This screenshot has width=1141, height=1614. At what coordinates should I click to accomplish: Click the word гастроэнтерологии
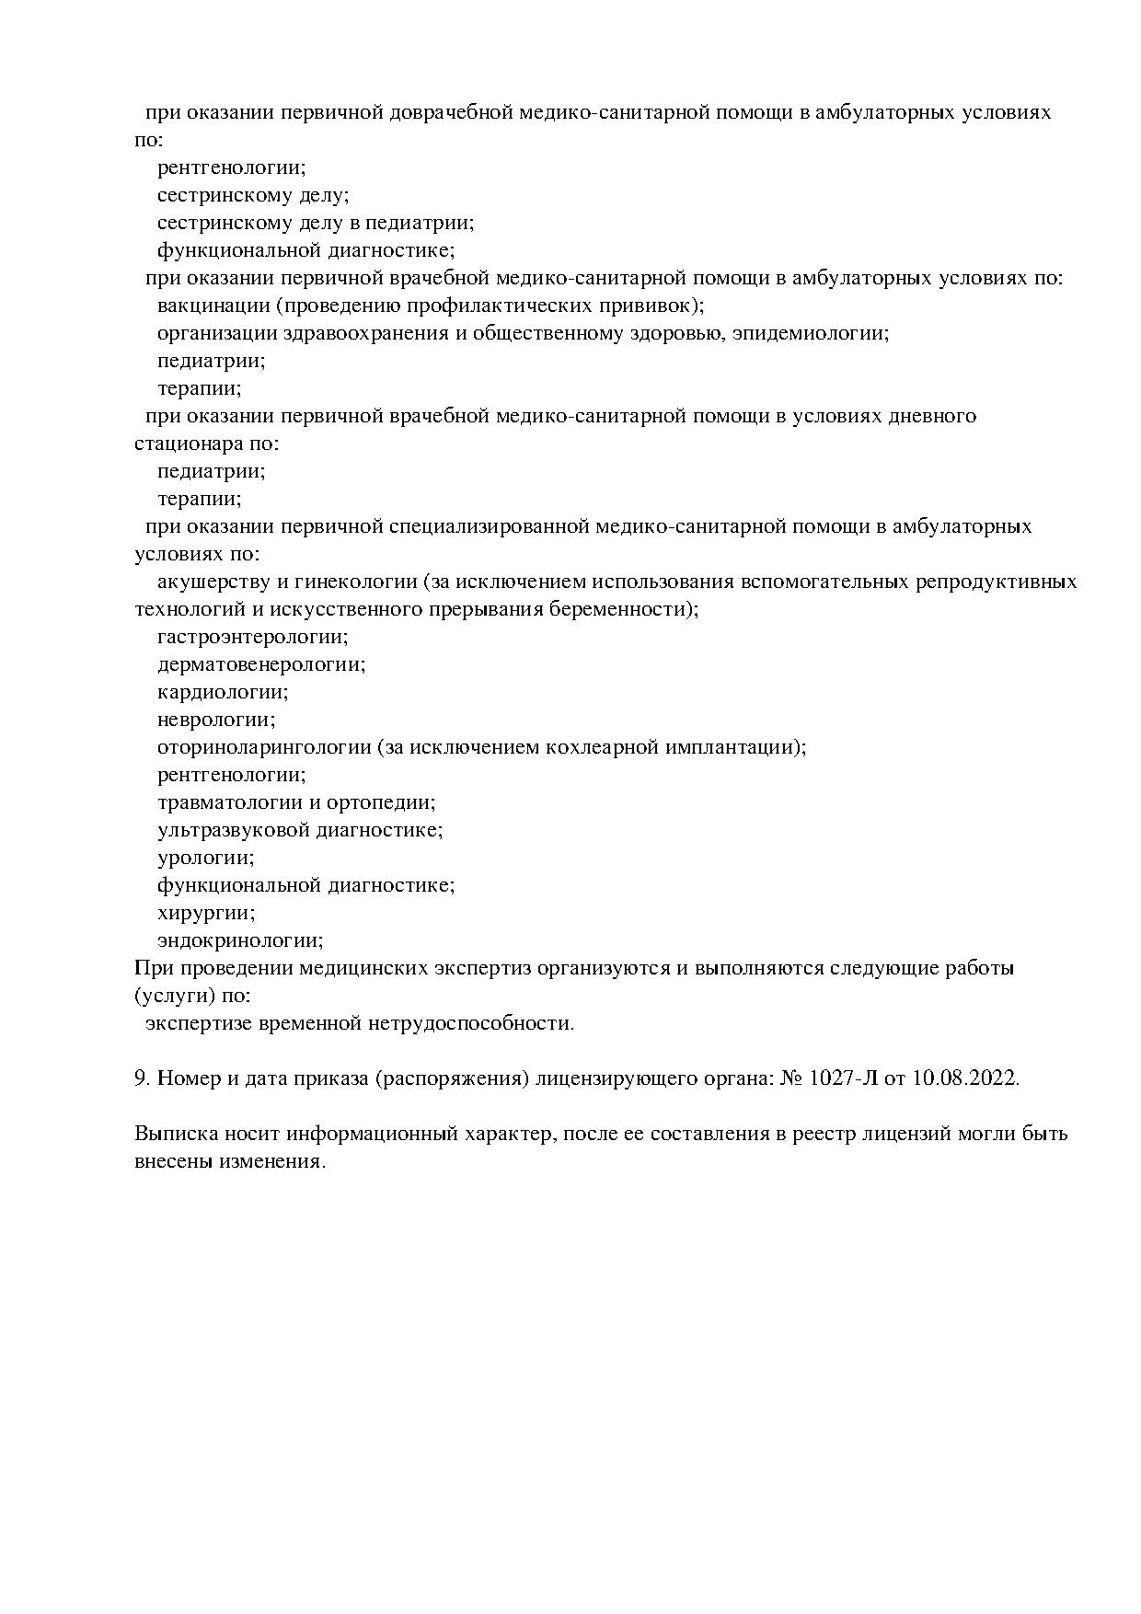point(251,637)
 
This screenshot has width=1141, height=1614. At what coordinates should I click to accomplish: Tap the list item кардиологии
point(222,692)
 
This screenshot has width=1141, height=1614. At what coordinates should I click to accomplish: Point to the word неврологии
point(215,720)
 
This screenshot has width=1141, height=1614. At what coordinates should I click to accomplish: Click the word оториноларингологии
point(264,747)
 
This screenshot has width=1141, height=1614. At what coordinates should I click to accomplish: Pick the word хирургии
point(205,913)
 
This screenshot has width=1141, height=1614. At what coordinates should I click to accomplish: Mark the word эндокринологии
point(239,940)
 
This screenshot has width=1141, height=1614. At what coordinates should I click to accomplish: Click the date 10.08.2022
point(965,1078)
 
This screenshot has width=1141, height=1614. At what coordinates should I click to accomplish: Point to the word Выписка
point(173,1134)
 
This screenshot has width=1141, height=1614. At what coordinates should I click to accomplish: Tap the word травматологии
point(232,802)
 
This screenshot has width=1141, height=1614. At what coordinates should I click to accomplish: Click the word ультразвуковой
point(234,830)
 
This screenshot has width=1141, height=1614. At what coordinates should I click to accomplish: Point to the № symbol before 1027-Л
point(790,1078)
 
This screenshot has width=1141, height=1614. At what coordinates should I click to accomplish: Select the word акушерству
point(211,582)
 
